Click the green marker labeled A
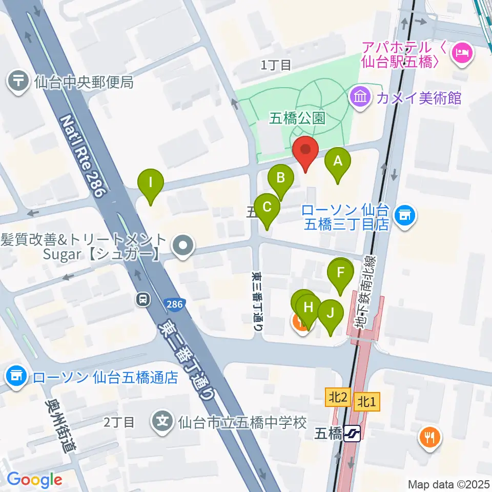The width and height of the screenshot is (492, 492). (x=338, y=162)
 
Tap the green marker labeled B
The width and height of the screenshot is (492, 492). (x=281, y=178)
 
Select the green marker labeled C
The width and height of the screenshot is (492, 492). (x=267, y=208)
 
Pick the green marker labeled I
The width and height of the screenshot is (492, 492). (x=151, y=182)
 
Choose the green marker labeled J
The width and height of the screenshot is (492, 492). (x=331, y=313)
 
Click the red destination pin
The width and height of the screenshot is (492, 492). (x=306, y=151)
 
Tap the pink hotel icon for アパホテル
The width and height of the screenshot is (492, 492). (x=463, y=53)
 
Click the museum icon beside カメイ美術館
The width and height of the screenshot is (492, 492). (x=361, y=96)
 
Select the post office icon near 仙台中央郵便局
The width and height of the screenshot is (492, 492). (x=19, y=81)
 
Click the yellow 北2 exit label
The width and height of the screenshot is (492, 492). (x=337, y=397)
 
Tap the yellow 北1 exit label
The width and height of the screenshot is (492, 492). (x=367, y=401)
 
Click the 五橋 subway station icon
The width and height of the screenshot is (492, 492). (x=353, y=434)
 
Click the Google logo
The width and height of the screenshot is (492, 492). (x=35, y=480)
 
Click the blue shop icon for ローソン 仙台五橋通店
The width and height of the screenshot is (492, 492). (x=16, y=377)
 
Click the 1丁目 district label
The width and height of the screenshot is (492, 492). (x=276, y=65)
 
